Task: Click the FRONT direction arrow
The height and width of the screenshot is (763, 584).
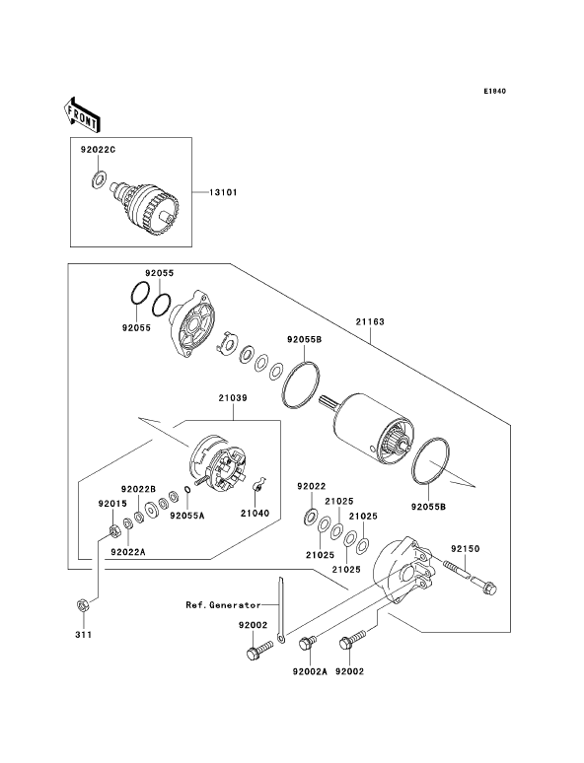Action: tap(81, 114)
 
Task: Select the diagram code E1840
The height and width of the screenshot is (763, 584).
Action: tap(495, 91)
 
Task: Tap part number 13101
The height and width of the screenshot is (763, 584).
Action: tap(223, 192)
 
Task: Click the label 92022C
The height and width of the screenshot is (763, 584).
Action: tap(98, 150)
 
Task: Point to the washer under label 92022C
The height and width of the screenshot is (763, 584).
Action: tap(99, 178)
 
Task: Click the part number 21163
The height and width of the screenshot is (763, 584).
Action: tap(370, 321)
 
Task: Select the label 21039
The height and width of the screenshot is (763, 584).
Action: tap(233, 398)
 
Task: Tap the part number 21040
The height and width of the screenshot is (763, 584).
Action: tap(255, 514)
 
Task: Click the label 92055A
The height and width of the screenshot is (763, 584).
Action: tap(187, 516)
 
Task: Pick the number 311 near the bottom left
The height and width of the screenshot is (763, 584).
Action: tap(83, 635)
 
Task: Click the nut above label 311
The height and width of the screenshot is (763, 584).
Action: tap(82, 605)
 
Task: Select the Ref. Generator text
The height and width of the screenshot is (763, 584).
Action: tap(223, 605)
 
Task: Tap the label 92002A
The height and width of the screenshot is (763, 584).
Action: tap(310, 671)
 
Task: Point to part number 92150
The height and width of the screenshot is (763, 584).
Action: tap(465, 549)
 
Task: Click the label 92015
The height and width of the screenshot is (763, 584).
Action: tap(112, 504)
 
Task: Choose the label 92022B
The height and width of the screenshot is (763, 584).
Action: tap(138, 488)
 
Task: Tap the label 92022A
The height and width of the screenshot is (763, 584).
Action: tap(128, 552)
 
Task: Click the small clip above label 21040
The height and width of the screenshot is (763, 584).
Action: tap(258, 485)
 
